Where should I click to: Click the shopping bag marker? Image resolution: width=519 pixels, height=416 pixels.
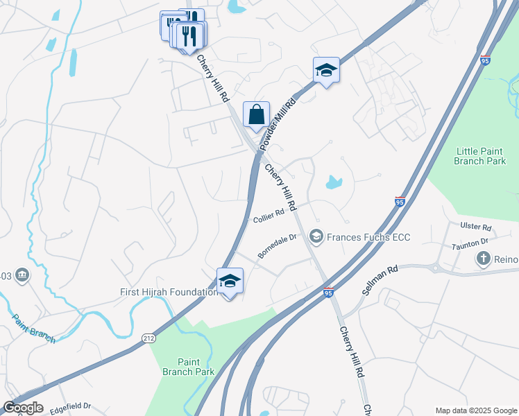[x=256, y=115]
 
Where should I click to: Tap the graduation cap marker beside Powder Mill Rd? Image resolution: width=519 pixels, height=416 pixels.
[x=326, y=71]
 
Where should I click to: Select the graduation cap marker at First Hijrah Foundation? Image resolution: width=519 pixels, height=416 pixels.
[x=230, y=281]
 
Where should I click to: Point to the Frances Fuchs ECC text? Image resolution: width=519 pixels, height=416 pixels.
[x=368, y=237]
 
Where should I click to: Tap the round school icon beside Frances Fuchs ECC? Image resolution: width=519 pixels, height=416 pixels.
[x=316, y=237]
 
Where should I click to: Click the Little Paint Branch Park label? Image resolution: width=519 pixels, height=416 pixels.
[x=481, y=156]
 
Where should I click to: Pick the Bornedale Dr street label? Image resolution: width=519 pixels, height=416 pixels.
[x=277, y=246]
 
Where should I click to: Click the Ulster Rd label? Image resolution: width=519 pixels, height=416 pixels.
[x=476, y=227]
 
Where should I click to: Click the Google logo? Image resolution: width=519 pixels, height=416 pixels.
[x=23, y=408]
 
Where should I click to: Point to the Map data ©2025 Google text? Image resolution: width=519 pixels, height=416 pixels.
[x=475, y=410]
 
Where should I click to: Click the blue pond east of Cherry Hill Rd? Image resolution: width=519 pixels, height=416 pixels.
[x=334, y=184]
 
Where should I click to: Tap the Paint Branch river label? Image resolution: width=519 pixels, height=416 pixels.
[x=33, y=328]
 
